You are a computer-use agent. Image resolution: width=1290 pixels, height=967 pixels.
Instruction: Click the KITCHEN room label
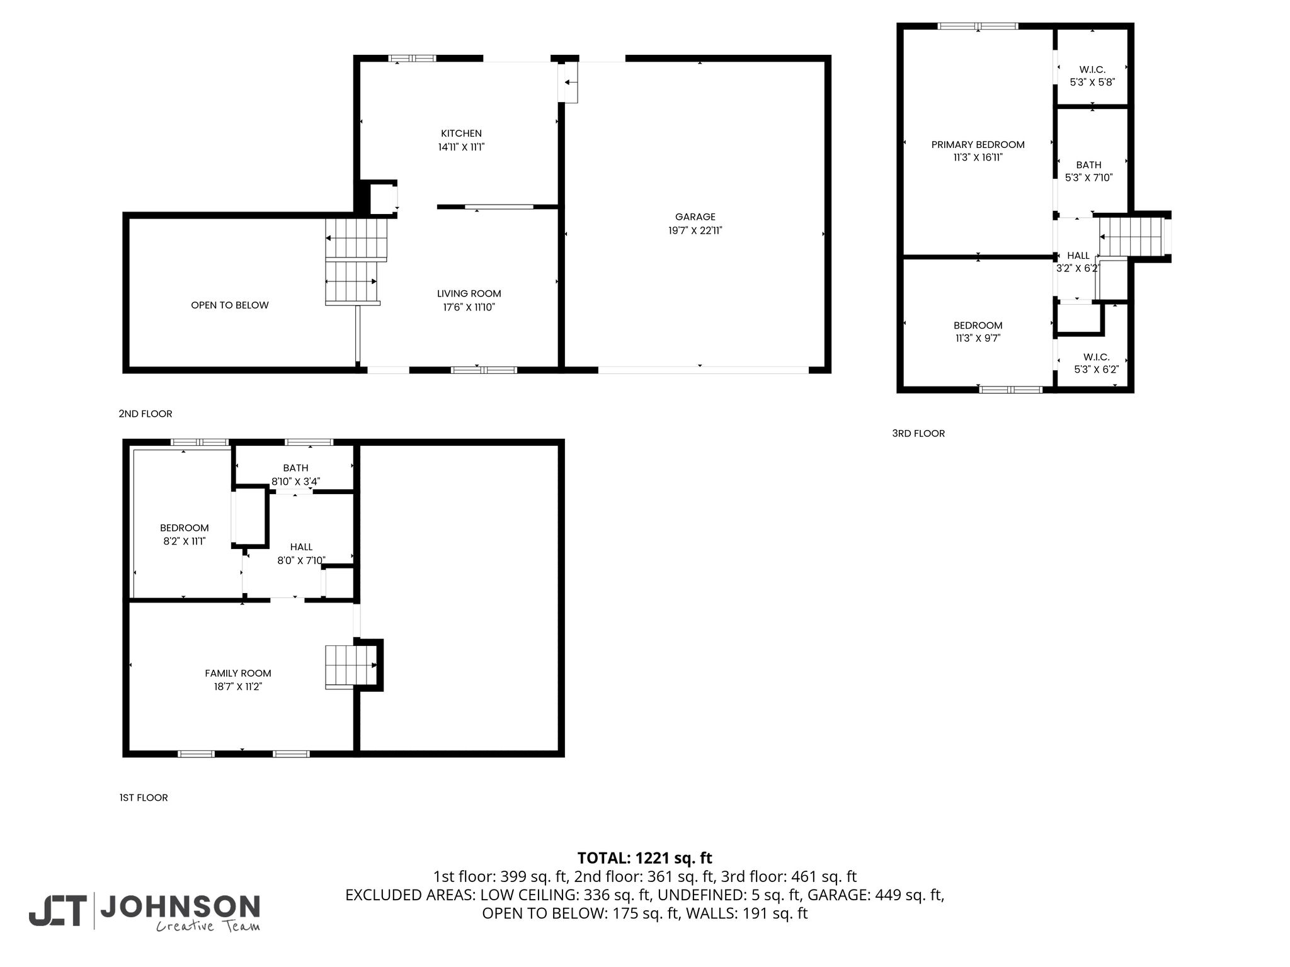(461, 133)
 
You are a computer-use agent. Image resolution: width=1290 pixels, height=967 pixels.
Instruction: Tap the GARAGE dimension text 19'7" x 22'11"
(695, 231)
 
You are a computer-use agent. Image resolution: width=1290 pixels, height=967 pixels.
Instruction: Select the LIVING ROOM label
(469, 293)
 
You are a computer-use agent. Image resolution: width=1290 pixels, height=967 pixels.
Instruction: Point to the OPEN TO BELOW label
(230, 305)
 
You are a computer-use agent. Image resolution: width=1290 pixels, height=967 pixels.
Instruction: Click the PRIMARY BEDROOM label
(978, 145)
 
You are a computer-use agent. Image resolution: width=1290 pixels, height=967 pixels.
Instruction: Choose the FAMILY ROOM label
(238, 673)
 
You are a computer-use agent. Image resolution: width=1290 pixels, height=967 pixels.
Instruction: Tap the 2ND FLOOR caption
(146, 414)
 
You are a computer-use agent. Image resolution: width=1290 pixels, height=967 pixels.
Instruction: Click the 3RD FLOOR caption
(918, 433)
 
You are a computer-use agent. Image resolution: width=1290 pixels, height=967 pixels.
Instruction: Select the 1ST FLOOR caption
(144, 798)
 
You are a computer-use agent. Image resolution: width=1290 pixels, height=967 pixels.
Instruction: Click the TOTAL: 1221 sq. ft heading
(645, 858)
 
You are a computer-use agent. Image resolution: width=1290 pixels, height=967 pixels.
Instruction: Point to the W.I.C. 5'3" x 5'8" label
(1092, 76)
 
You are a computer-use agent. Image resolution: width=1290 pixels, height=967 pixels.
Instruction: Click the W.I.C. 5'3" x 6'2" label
(1097, 363)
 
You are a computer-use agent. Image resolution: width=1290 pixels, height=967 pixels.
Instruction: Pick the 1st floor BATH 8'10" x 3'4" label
(296, 475)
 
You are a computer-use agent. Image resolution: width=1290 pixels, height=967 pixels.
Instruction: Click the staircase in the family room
(351, 667)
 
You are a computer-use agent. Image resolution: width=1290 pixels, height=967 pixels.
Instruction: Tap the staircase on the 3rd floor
(1131, 237)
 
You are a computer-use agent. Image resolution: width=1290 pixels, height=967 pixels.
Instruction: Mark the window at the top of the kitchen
(412, 59)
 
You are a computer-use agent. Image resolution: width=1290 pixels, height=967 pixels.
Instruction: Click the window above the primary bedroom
(978, 26)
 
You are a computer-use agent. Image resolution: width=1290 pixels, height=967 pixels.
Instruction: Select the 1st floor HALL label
(302, 554)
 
